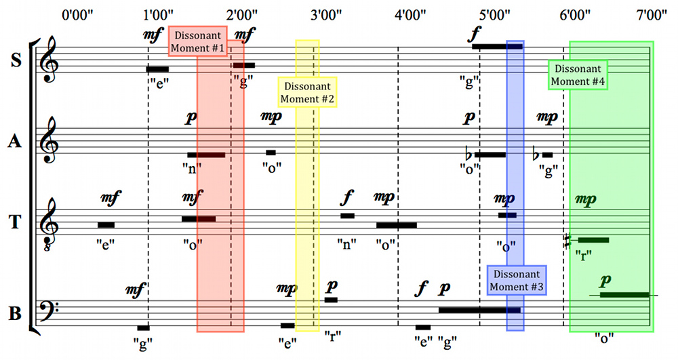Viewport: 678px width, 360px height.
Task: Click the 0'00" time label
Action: (x=77, y=16)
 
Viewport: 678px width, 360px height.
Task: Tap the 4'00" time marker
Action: (x=410, y=16)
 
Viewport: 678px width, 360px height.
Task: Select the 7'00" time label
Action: (x=652, y=16)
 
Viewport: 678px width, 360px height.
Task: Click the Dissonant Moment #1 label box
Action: (x=197, y=41)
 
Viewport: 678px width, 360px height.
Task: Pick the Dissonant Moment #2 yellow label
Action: (x=307, y=92)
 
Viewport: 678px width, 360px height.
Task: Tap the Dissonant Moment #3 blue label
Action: (x=517, y=280)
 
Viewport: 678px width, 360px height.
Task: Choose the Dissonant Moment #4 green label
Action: (x=578, y=75)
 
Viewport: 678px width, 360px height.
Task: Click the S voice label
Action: (x=16, y=60)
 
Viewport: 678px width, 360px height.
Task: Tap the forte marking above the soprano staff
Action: (x=475, y=34)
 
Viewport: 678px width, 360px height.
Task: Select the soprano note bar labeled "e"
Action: (x=157, y=69)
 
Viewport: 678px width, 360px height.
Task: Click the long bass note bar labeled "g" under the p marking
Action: (x=479, y=310)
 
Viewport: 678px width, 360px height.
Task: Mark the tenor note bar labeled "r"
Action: (x=593, y=240)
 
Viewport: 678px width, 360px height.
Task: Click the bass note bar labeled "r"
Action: (x=332, y=300)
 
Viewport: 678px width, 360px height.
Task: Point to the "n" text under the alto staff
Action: (x=192, y=168)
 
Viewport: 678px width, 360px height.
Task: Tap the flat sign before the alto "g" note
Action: (x=536, y=153)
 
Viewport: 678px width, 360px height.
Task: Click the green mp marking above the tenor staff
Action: (x=586, y=200)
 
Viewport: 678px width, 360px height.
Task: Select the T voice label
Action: (x=15, y=222)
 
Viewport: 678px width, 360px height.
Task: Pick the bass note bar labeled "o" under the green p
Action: (x=624, y=295)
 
